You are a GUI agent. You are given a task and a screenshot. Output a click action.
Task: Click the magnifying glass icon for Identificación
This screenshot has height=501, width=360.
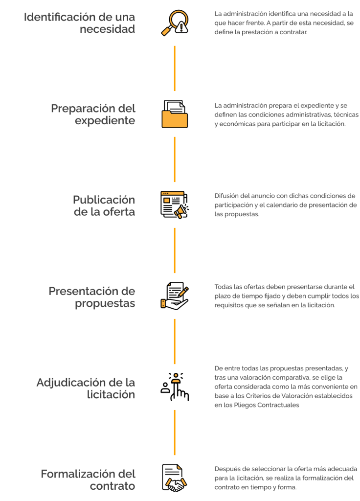(x=175, y=23)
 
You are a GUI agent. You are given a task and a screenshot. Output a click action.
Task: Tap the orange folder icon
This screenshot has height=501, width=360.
(x=175, y=114)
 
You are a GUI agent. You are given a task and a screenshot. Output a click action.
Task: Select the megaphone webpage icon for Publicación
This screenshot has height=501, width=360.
(x=175, y=205)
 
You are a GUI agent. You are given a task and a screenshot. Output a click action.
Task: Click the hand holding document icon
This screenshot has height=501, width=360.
(x=175, y=296)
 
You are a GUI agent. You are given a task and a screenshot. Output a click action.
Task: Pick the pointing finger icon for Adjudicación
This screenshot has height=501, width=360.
(x=175, y=387)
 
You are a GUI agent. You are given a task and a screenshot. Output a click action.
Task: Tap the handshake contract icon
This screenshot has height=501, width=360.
(x=175, y=478)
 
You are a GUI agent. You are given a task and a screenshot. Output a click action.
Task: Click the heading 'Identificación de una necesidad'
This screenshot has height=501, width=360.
(x=80, y=23)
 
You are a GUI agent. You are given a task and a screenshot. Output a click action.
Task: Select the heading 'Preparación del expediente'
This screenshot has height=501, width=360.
(x=93, y=114)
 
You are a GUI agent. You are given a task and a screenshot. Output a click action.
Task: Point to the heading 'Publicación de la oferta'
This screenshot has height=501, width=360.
(x=104, y=205)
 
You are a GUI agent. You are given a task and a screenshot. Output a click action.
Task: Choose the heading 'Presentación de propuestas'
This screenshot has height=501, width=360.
(x=92, y=296)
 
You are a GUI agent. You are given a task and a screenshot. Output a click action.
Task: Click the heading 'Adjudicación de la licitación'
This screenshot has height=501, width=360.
(x=86, y=388)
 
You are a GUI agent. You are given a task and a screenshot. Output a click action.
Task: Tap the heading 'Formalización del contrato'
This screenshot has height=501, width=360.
(x=88, y=479)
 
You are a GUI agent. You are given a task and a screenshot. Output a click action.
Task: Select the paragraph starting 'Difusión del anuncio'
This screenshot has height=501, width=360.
(x=286, y=205)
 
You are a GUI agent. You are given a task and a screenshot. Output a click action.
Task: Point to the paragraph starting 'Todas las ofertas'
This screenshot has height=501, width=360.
(x=287, y=296)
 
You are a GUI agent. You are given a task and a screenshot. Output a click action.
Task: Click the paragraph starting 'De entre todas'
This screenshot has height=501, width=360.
(x=286, y=387)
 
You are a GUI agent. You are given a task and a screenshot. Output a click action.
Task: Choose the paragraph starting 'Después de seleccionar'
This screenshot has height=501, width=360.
(x=286, y=478)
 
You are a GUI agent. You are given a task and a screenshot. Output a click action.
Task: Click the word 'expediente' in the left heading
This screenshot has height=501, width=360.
(x=105, y=120)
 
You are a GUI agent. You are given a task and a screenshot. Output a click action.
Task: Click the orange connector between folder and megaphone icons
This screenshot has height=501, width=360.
(x=175, y=159)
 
